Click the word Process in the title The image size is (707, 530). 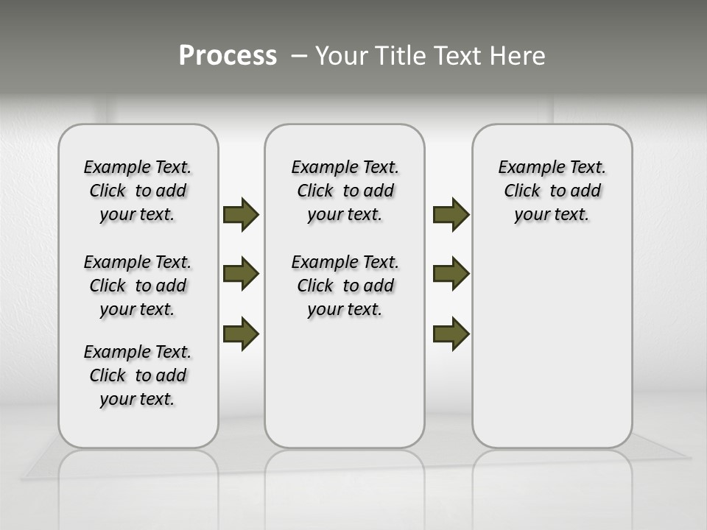coord(228,55)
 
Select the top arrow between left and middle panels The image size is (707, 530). coord(241,214)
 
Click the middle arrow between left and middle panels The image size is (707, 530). coord(241,274)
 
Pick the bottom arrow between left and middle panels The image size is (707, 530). coord(241,333)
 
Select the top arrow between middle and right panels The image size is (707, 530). coord(451,214)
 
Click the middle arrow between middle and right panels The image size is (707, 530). coord(451,274)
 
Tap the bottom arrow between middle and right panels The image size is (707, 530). coord(451,333)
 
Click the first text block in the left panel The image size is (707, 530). coord(138,191)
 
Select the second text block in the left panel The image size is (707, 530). coord(138,286)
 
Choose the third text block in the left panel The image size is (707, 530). coord(138,375)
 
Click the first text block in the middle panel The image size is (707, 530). coord(345,191)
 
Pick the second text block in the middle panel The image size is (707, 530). coord(345,286)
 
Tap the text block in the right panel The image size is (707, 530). coord(552,191)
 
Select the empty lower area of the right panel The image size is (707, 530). coord(552,346)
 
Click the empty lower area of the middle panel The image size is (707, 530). coord(345,383)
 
